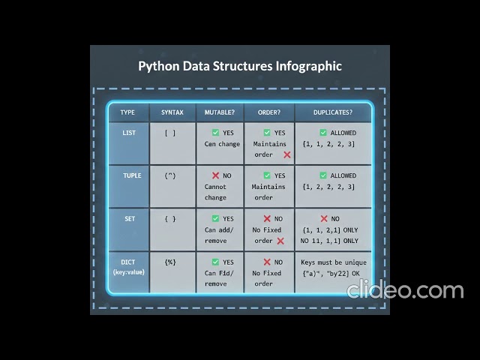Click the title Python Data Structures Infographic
tap(240, 66)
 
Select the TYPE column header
tap(127, 112)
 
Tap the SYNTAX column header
tap(172, 112)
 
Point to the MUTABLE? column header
tap(219, 112)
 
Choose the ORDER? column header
tap(268, 112)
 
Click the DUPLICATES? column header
tap(331, 112)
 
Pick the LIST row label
tap(129, 133)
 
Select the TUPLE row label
tap(131, 175)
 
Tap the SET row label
tap(130, 219)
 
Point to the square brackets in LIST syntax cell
tap(170, 133)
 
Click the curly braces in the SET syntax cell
tap(170, 219)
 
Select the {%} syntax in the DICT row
tap(170, 262)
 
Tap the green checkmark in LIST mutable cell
tap(215, 133)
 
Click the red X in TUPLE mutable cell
tap(215, 175)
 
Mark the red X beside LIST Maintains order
tap(287, 154)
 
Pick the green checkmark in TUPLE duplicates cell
tap(323, 175)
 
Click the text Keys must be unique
tap(333, 262)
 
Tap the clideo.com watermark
tap(405, 290)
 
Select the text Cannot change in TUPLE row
tap(215, 192)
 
